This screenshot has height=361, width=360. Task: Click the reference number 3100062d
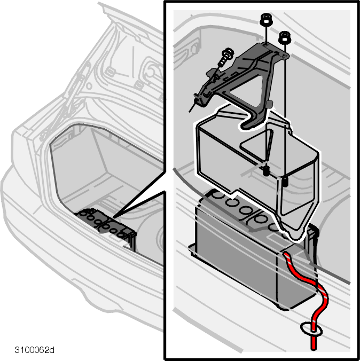pos(35,350)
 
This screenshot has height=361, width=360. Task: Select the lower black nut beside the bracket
pos(285,37)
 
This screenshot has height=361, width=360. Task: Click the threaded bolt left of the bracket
pos(226,57)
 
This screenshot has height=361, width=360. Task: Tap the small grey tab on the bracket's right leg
pos(270,104)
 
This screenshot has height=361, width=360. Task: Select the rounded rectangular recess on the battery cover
pos(256,145)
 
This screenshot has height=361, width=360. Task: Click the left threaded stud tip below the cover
pos(266,170)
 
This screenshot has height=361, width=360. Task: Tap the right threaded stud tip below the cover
pos(285,182)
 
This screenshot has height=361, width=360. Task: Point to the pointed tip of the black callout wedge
pos(114,217)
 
